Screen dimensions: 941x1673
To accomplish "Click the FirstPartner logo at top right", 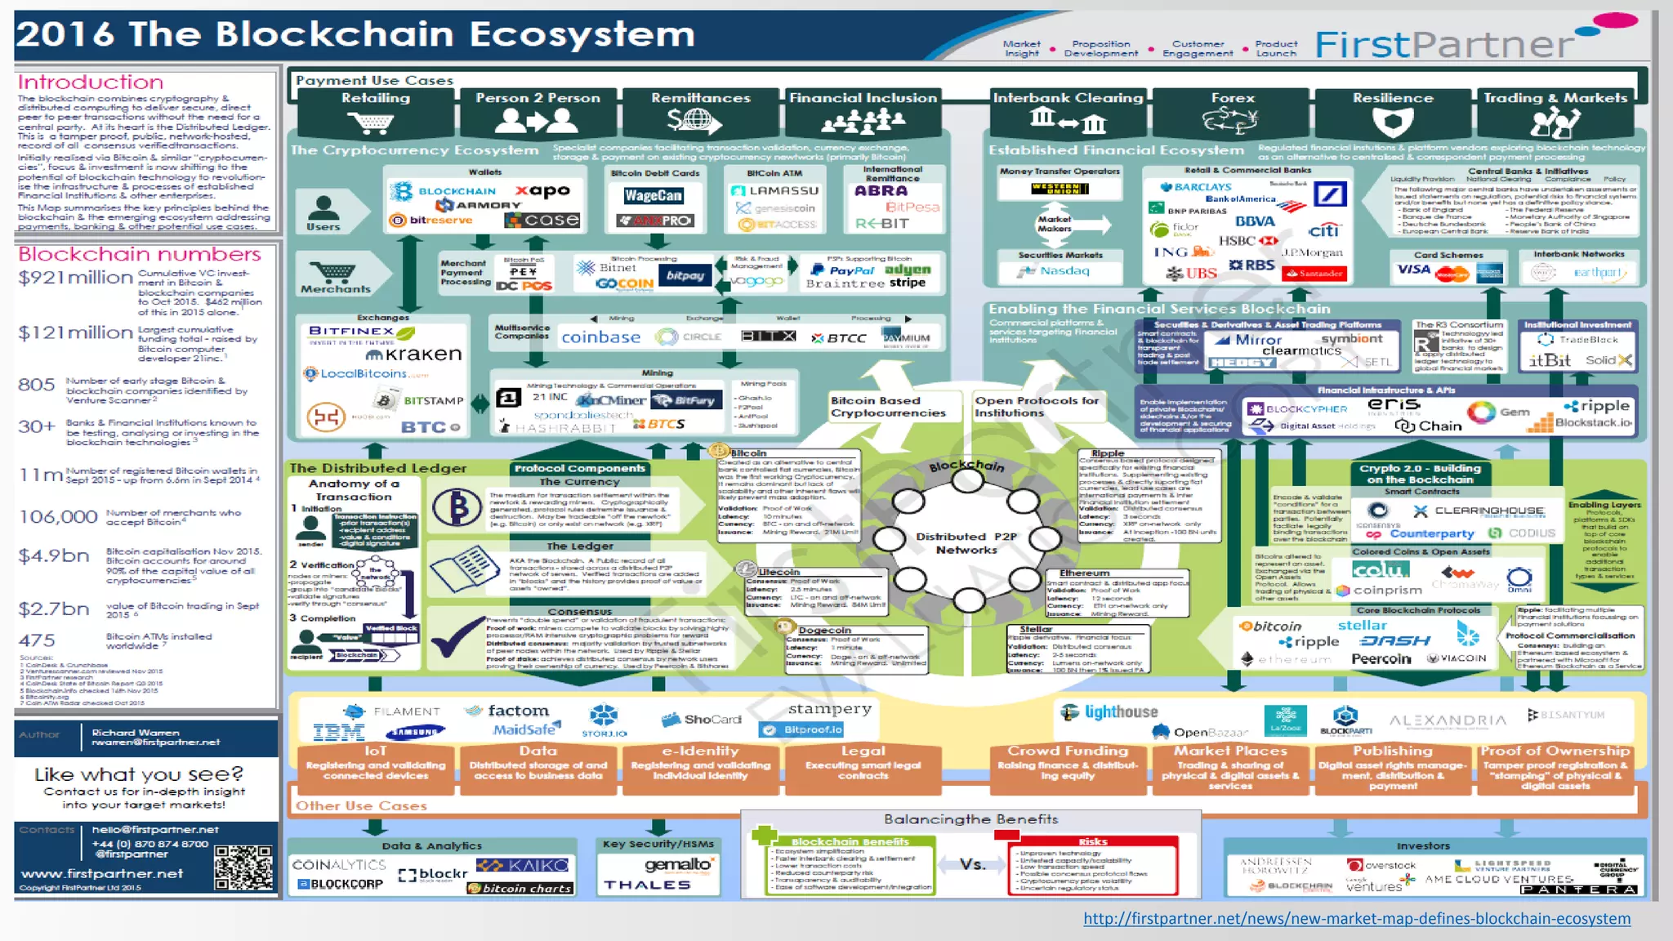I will [1444, 44].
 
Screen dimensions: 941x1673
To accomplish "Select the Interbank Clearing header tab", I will [1068, 98].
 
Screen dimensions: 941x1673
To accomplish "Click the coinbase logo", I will [600, 337].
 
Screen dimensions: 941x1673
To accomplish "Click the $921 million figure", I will [75, 278].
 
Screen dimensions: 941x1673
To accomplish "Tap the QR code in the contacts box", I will [243, 867].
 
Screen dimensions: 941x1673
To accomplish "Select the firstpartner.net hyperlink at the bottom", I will [1356, 918].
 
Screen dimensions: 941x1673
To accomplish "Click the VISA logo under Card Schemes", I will [1413, 270].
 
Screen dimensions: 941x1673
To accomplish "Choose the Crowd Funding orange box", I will [1068, 764].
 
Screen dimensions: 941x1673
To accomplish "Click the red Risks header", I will [1092, 841].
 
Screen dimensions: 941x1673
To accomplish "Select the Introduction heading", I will [91, 82].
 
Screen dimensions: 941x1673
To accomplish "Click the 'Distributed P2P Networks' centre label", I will [966, 543].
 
